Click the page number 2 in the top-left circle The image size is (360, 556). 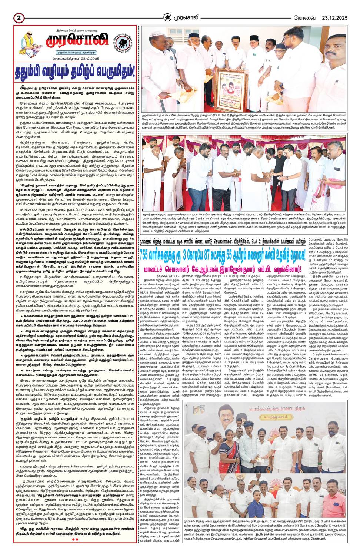(x=19, y=18)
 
